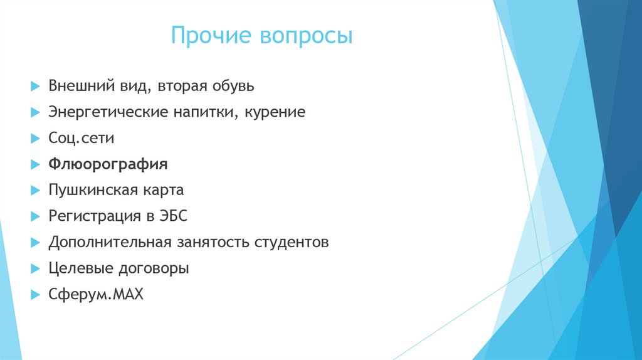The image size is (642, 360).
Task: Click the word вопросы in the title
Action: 305,37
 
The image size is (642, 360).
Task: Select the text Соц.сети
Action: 81,139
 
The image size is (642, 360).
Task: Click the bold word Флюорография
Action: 108,164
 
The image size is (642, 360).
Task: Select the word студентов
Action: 291,242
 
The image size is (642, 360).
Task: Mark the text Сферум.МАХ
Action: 96,294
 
